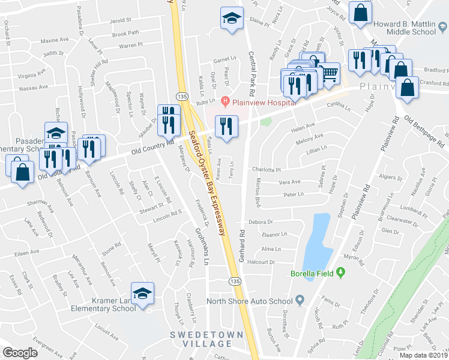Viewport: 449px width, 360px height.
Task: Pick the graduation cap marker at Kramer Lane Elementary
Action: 142,294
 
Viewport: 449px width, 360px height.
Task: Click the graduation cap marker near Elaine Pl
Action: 231,18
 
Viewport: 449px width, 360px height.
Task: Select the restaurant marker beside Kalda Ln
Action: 226,127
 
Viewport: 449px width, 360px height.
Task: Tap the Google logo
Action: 20,353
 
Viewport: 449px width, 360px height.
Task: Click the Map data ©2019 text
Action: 424,355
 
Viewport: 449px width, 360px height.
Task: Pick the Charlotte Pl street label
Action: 267,170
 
